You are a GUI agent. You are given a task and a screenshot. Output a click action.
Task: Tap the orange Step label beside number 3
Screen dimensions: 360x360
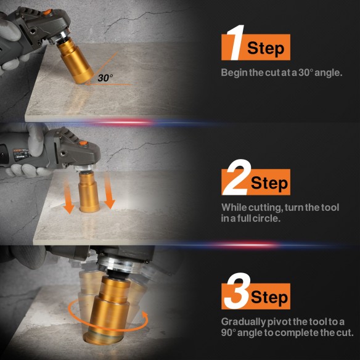pyautogui.click(x=269, y=298)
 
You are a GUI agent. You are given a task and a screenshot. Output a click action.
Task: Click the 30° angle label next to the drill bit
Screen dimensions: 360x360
pyautogui.click(x=105, y=78)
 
